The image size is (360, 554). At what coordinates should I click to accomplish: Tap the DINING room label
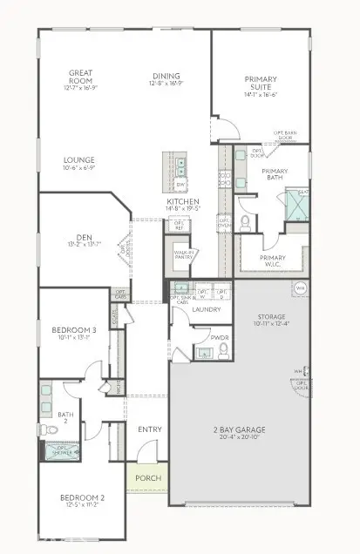tap(166, 76)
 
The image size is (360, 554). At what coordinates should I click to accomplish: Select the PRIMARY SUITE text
tap(260, 83)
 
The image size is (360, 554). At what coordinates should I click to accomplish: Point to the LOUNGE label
tap(79, 160)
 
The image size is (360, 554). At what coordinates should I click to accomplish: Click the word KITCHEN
tap(184, 202)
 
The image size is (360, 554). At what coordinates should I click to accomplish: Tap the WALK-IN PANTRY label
tap(183, 255)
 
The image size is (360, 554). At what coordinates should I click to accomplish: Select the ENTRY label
tap(150, 429)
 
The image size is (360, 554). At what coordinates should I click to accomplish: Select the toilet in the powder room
tap(224, 348)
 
